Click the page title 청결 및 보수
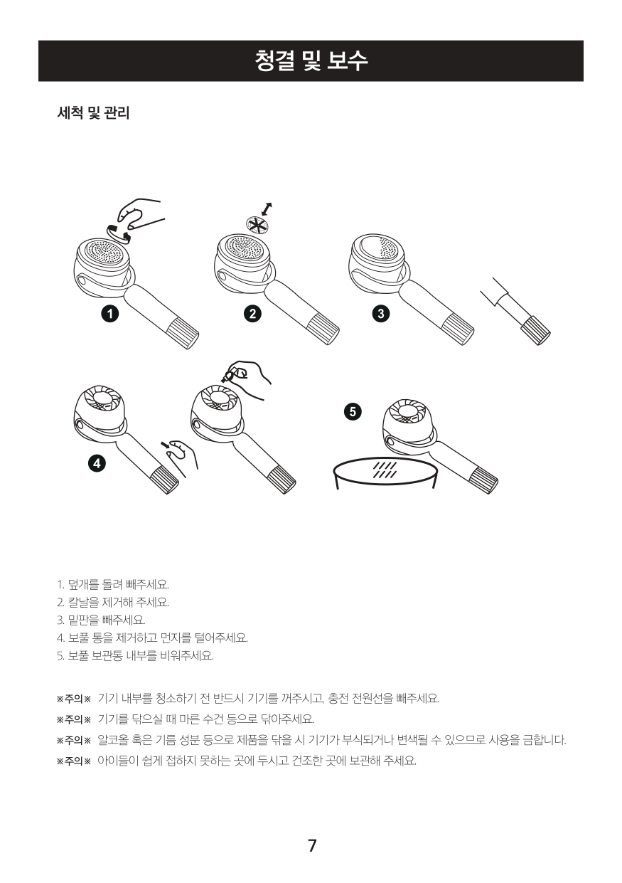[311, 60]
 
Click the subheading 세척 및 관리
[93, 113]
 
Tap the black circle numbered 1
[110, 313]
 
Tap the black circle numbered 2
[252, 313]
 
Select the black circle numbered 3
[381, 313]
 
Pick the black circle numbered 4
[97, 463]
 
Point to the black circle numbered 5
[353, 412]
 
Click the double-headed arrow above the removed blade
[267, 209]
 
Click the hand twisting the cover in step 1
[140, 213]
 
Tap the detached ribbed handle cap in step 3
[536, 330]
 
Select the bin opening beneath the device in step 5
[386, 470]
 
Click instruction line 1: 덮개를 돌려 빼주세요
[113, 585]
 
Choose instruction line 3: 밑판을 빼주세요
[101, 620]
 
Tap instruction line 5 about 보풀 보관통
[136, 655]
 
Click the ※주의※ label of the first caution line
[74, 699]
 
